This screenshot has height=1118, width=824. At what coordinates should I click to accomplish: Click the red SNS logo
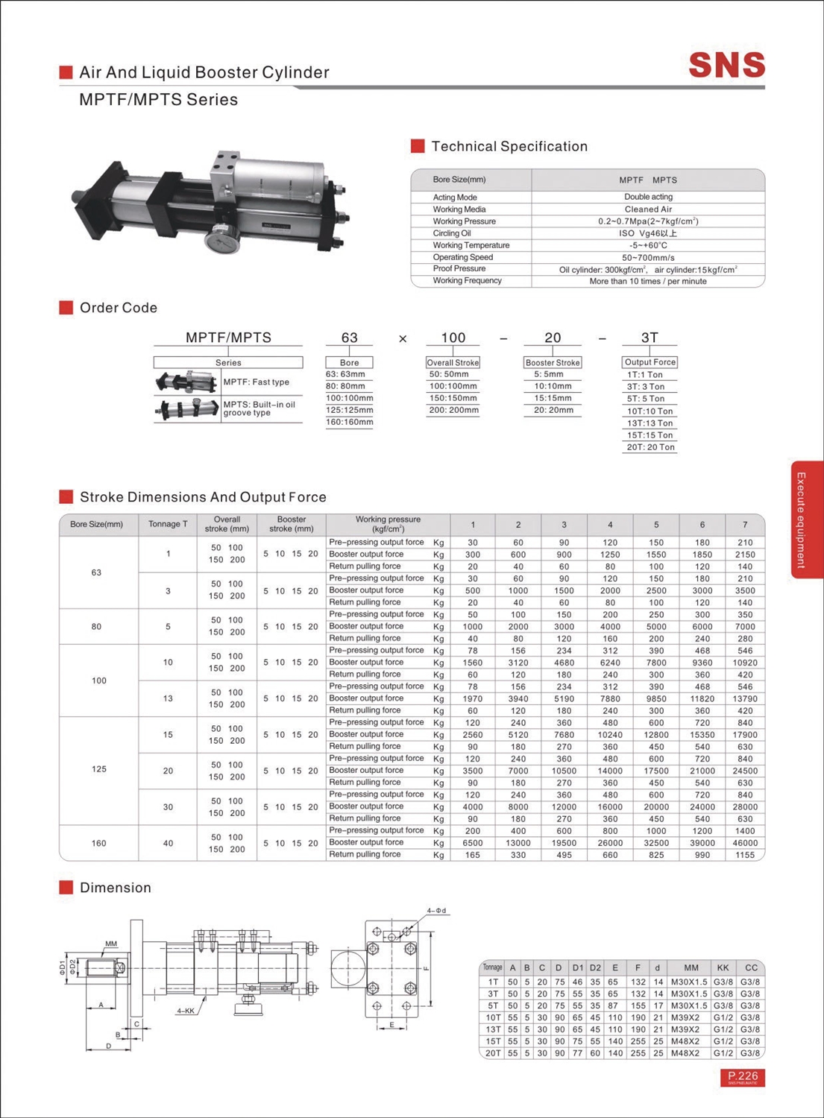(727, 65)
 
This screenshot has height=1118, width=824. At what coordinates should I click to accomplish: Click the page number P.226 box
(743, 1077)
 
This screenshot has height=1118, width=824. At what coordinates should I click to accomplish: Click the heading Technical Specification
(509, 146)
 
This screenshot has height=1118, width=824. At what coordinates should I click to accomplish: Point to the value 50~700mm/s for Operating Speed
(647, 257)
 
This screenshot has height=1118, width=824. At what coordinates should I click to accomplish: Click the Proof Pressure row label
(459, 268)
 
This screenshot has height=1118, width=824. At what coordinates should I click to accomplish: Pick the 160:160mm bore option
(349, 422)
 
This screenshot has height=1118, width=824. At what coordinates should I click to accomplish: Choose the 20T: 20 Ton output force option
(650, 447)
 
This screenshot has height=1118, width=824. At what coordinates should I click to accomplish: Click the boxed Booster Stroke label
(553, 362)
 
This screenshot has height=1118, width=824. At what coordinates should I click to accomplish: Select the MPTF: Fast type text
(256, 382)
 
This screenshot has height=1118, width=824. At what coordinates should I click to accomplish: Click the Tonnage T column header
(168, 524)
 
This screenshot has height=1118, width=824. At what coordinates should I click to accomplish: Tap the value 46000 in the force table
(744, 843)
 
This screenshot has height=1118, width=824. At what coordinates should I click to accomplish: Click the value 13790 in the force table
(744, 698)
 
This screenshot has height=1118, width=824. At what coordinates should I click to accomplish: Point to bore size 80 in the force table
(96, 627)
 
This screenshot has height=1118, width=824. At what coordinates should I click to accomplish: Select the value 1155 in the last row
(744, 855)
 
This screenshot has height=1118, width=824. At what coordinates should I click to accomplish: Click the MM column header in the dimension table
(691, 967)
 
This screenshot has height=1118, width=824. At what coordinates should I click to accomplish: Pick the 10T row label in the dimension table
(493, 1017)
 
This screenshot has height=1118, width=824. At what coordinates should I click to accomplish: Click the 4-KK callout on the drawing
(186, 1011)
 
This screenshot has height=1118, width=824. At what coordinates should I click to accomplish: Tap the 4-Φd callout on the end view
(437, 911)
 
